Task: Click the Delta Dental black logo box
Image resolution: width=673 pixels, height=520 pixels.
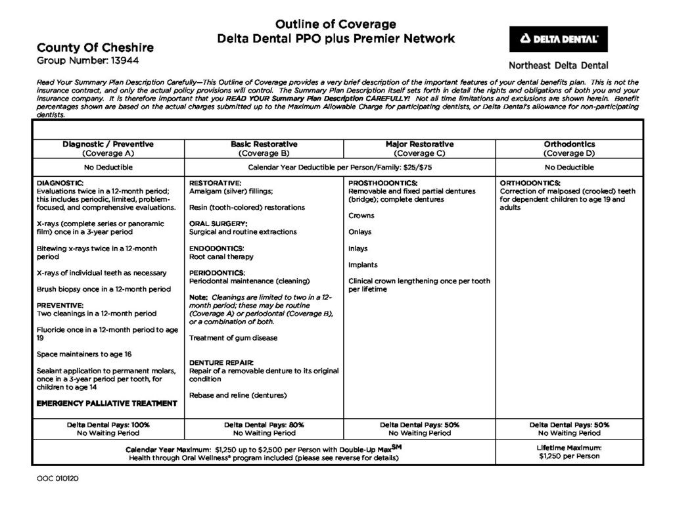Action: coord(559,39)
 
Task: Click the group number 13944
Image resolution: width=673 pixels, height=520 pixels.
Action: coord(139,60)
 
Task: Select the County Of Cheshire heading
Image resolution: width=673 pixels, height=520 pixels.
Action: coord(95,47)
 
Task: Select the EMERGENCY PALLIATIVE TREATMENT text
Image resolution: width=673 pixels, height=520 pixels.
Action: coord(107,403)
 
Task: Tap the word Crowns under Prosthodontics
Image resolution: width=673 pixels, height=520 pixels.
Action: coord(361,216)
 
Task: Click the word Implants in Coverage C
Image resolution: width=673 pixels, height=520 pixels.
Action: coord(363,265)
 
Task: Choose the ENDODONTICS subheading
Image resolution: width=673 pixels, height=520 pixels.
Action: coord(216,248)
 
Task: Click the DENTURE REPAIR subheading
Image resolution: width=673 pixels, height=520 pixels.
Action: coord(221,363)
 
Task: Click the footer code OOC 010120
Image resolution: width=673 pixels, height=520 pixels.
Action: coord(58,479)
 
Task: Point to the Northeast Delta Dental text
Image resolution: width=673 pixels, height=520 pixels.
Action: coord(559,65)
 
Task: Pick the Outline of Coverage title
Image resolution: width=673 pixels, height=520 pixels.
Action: coord(335,24)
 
